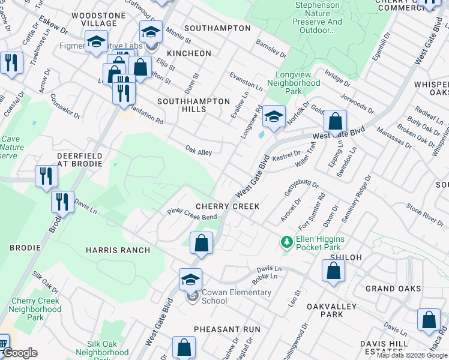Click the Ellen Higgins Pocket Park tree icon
pyautogui.click(x=287, y=242)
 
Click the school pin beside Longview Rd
pyautogui.click(x=274, y=117)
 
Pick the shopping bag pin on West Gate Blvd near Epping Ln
pyautogui.click(x=335, y=122)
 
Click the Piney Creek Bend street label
pyautogui.click(x=192, y=214)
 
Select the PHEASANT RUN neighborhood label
pyautogui.click(x=227, y=329)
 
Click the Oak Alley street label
pyautogui.click(x=198, y=152)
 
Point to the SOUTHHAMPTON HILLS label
pyautogui.click(x=193, y=106)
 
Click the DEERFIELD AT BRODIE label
pyautogui.click(x=79, y=159)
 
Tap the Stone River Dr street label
pyautogui.click(x=424, y=215)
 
